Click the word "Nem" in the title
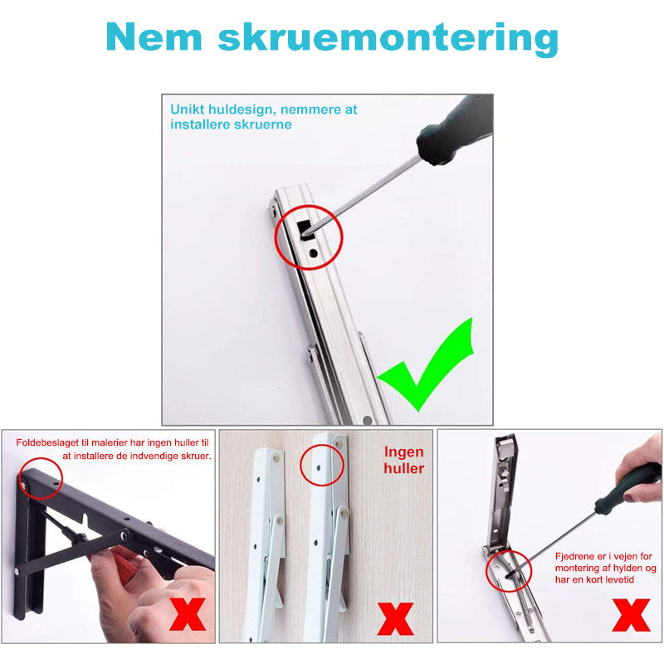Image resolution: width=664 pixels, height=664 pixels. coord(154,37)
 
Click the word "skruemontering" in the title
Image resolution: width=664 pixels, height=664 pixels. coord(388,39)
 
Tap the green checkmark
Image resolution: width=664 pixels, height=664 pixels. coord(425,364)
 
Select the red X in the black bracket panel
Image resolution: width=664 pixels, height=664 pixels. coord(188,614)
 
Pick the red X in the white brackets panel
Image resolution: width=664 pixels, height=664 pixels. coord(396,618)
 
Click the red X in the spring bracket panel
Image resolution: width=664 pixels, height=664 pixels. coord(631,615)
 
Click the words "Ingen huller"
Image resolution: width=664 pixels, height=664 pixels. coord(404,460)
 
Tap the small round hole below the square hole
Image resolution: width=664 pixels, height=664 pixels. coord(314,253)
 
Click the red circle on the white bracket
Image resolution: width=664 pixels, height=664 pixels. coord(322,465)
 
